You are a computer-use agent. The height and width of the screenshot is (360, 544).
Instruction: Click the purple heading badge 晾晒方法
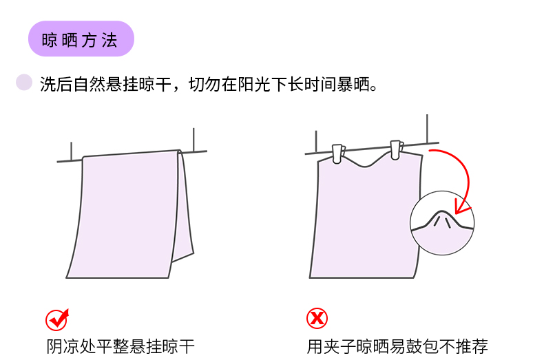pyautogui.click(x=81, y=39)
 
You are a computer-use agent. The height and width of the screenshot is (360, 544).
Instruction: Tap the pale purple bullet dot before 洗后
pyautogui.click(x=24, y=82)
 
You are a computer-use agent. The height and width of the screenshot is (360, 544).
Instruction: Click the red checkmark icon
pyautogui.click(x=57, y=319)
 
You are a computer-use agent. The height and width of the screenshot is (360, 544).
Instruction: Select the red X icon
pyautogui.click(x=317, y=318)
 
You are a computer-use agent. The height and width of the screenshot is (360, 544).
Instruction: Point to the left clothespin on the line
pyautogui.click(x=338, y=153)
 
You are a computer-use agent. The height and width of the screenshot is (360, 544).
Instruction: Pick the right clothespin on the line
pyautogui.click(x=396, y=150)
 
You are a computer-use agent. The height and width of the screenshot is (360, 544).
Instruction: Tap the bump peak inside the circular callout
pyautogui.click(x=441, y=211)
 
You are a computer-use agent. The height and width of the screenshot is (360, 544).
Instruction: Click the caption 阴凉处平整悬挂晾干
pyautogui.click(x=121, y=346)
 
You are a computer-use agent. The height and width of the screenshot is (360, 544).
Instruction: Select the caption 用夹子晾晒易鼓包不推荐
pyautogui.click(x=397, y=346)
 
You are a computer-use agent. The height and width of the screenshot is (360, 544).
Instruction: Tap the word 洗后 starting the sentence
pyautogui.click(x=56, y=84)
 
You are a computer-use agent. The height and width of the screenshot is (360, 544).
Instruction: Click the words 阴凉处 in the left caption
pyautogui.click(x=71, y=346)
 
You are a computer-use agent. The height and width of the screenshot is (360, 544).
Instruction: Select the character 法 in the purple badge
pyautogui.click(x=109, y=40)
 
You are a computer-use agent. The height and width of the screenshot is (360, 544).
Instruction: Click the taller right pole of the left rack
pyautogui.click(x=193, y=140)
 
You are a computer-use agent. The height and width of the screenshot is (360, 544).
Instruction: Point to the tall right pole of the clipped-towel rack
pyautogui.click(x=427, y=128)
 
